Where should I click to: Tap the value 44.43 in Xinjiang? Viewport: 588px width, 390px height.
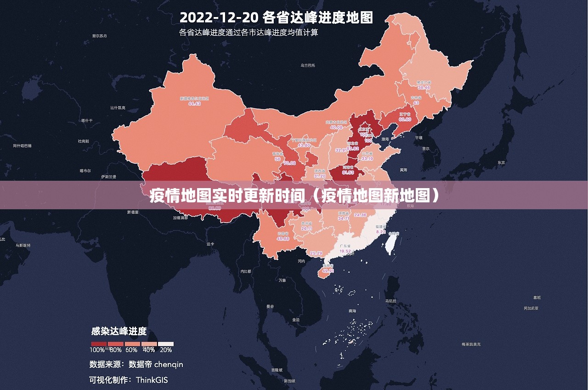tap(194, 104)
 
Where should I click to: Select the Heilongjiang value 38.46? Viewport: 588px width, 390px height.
tap(424, 87)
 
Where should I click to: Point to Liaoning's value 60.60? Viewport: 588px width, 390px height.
tap(405, 119)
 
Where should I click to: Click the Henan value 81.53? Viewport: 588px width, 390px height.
tap(348, 172)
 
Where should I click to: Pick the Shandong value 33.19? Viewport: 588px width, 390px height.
tap(367, 159)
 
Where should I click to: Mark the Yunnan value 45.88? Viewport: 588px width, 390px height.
tap(283, 239)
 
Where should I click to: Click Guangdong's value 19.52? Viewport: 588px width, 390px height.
tap(345, 252)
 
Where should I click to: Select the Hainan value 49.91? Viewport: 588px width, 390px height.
tap(328, 271)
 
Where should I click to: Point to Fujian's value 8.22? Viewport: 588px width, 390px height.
tap(381, 232)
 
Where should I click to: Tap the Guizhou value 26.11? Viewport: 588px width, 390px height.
tap(307, 229)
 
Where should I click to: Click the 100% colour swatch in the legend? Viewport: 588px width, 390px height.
tap(99, 344)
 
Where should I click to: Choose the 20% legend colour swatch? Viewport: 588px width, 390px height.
tap(166, 344)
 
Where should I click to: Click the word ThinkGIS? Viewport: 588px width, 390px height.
tap(152, 380)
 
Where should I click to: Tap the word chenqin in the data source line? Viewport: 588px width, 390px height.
tap(168, 364)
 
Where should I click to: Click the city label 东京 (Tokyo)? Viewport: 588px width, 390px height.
tap(501, 163)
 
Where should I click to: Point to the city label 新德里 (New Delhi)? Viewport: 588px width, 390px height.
tap(132, 212)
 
